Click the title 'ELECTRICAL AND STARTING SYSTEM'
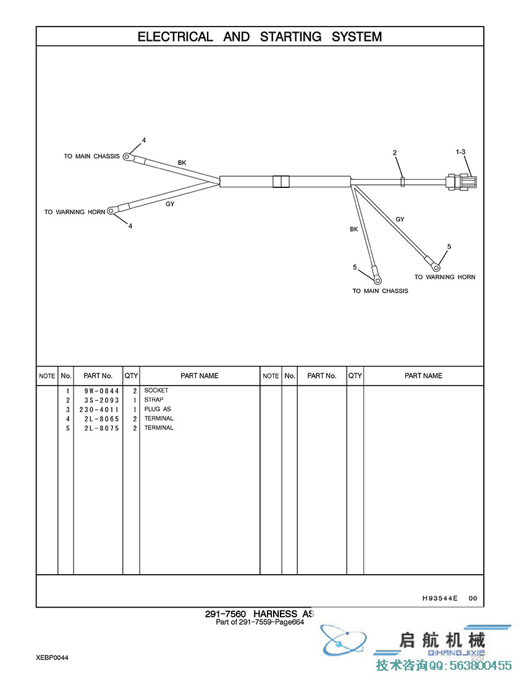259,36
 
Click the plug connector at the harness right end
463,182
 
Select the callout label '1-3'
460,151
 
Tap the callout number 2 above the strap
395,153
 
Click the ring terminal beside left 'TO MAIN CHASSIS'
127,156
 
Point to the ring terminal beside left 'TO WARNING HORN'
111,211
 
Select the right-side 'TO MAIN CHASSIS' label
380,290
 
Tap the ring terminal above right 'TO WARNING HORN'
436,266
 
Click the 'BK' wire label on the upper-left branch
182,163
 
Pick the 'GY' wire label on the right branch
400,219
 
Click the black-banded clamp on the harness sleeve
281,181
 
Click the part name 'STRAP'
154,400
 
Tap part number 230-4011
98,409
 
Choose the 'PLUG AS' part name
158,409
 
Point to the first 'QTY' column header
131,376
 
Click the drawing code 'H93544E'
440,598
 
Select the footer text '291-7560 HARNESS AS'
259,614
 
